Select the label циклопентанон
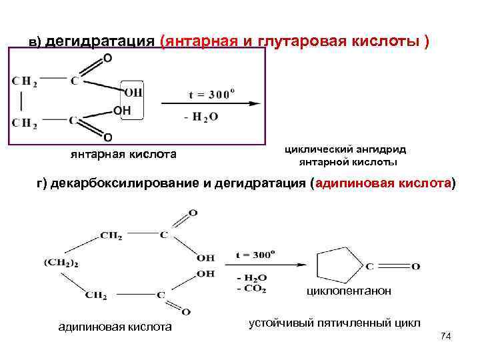[349, 291]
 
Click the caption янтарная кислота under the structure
[123, 155]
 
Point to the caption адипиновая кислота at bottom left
[115, 327]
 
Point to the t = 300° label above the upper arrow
[211, 94]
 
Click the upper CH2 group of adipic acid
[111, 235]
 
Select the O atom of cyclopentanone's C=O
[416, 267]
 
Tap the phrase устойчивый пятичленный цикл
[334, 323]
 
